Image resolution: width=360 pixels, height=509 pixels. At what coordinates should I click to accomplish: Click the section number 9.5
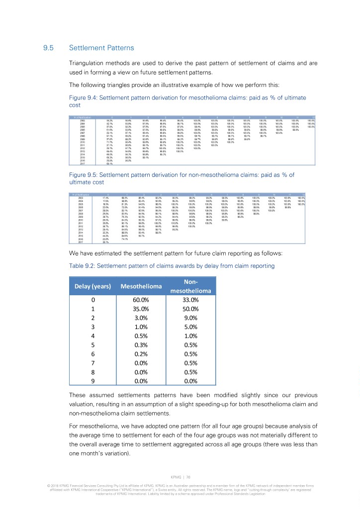pyautogui.click(x=48, y=48)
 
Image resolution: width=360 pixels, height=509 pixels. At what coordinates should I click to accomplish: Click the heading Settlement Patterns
pyautogui.click(x=101, y=48)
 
